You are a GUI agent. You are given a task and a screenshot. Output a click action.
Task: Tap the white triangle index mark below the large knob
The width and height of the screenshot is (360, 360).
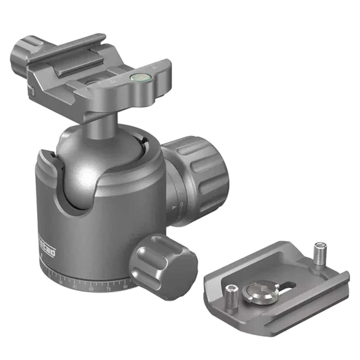coord(174,208)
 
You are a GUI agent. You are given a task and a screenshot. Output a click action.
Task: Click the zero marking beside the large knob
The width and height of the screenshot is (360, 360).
coord(181,204)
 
